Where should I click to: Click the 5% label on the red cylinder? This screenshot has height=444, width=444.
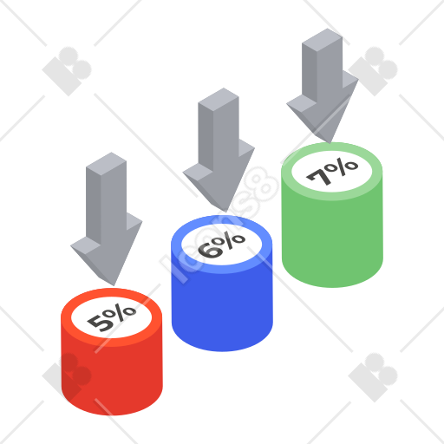click(x=112, y=317)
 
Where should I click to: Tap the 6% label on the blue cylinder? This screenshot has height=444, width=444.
click(x=222, y=245)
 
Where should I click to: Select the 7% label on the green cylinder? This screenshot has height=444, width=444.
click(x=332, y=172)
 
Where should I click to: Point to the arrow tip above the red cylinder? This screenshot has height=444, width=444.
click(x=114, y=285)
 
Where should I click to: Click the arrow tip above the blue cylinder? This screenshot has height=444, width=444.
click(x=225, y=212)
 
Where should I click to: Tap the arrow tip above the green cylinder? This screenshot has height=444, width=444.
click(x=330, y=143)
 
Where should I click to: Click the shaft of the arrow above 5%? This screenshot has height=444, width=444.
click(x=106, y=199)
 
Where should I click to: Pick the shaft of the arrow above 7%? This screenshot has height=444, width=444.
click(x=322, y=67)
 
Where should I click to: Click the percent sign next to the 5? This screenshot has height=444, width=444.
click(x=121, y=312)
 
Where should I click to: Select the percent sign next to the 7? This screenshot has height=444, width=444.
click(x=343, y=166)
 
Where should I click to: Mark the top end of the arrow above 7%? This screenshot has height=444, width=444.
click(x=322, y=40)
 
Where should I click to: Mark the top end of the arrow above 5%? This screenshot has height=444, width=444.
click(x=106, y=164)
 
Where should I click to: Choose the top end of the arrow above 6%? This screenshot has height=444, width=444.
click(x=219, y=100)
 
